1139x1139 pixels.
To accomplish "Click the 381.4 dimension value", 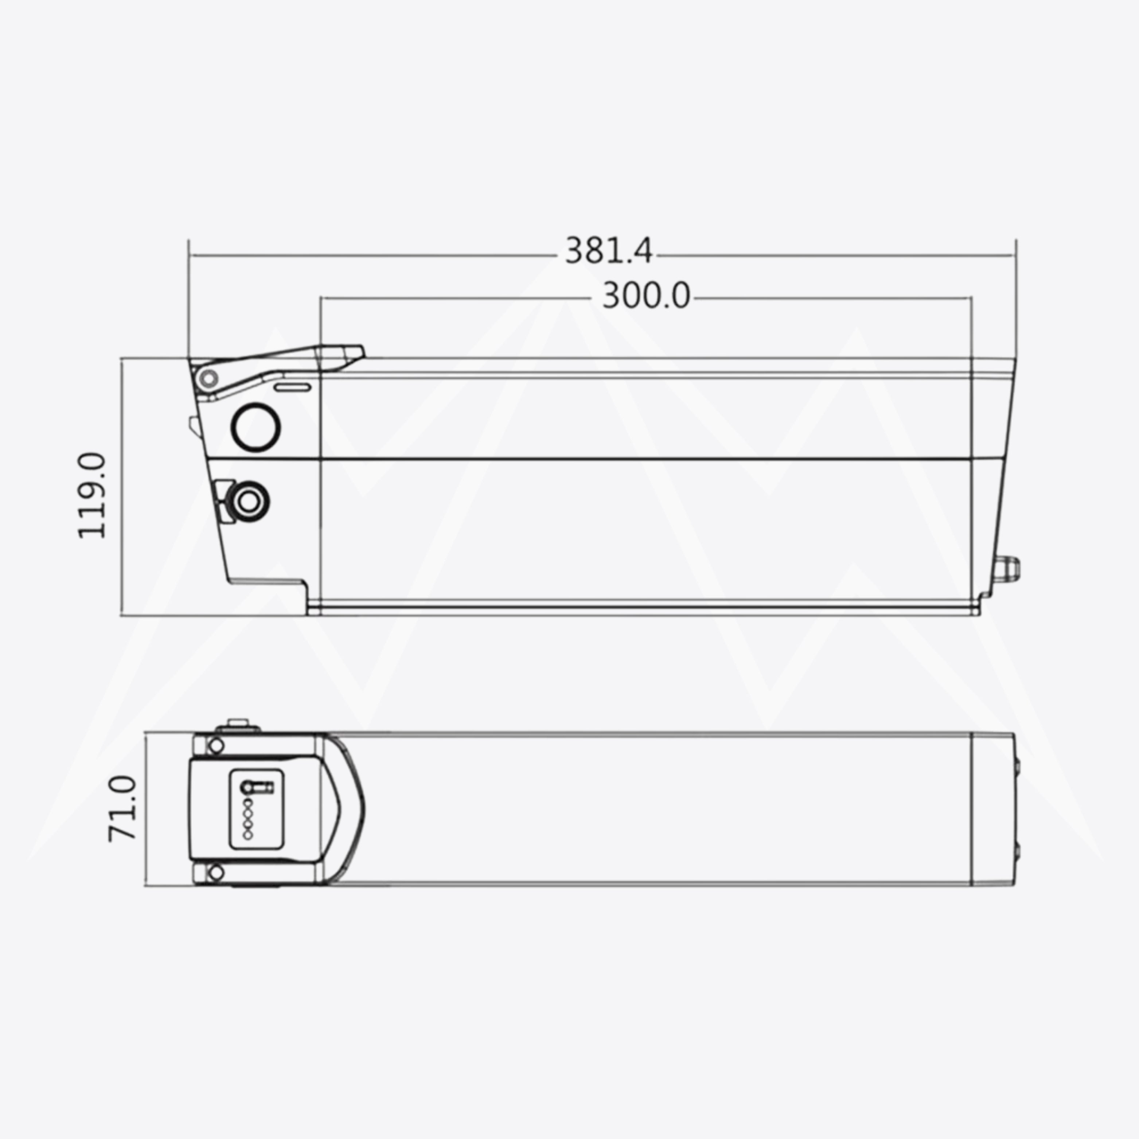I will [x=608, y=250].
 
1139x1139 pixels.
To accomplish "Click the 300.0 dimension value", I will [x=645, y=296].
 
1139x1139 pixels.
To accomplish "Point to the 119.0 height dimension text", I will [x=93, y=495].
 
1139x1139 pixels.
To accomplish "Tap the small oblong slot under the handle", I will [x=293, y=387].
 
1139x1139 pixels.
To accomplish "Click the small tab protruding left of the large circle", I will [x=194, y=426].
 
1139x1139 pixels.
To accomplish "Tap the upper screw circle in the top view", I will [x=217, y=746].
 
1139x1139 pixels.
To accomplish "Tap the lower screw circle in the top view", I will [x=217, y=872].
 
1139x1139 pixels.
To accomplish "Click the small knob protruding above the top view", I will [x=238, y=724].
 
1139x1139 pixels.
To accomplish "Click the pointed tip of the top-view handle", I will [x=363, y=809].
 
